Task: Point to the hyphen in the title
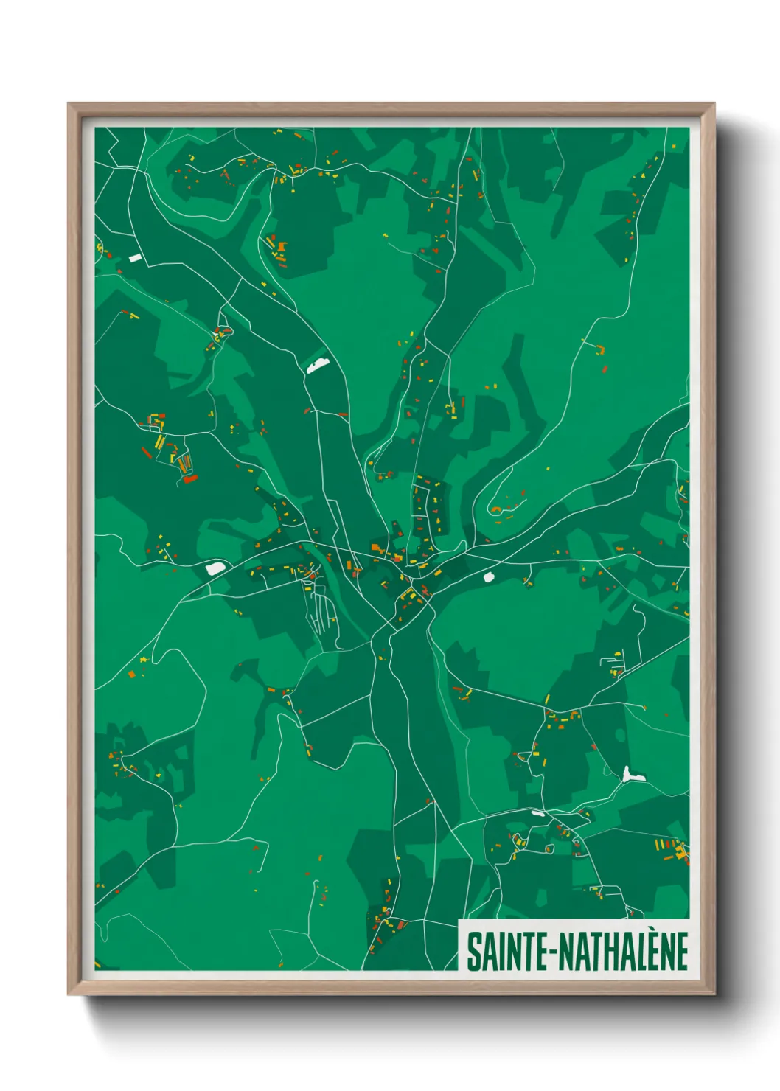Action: pyautogui.click(x=553, y=953)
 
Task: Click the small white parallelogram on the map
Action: pyautogui.click(x=135, y=258)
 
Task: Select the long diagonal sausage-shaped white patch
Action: pyautogui.click(x=318, y=364)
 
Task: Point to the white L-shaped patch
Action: pyautogui.click(x=630, y=775)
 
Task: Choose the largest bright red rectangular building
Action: pyautogui.click(x=190, y=479)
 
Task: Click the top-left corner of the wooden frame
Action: pyautogui.click(x=69, y=105)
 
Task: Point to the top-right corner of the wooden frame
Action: pyautogui.click(x=714, y=105)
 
